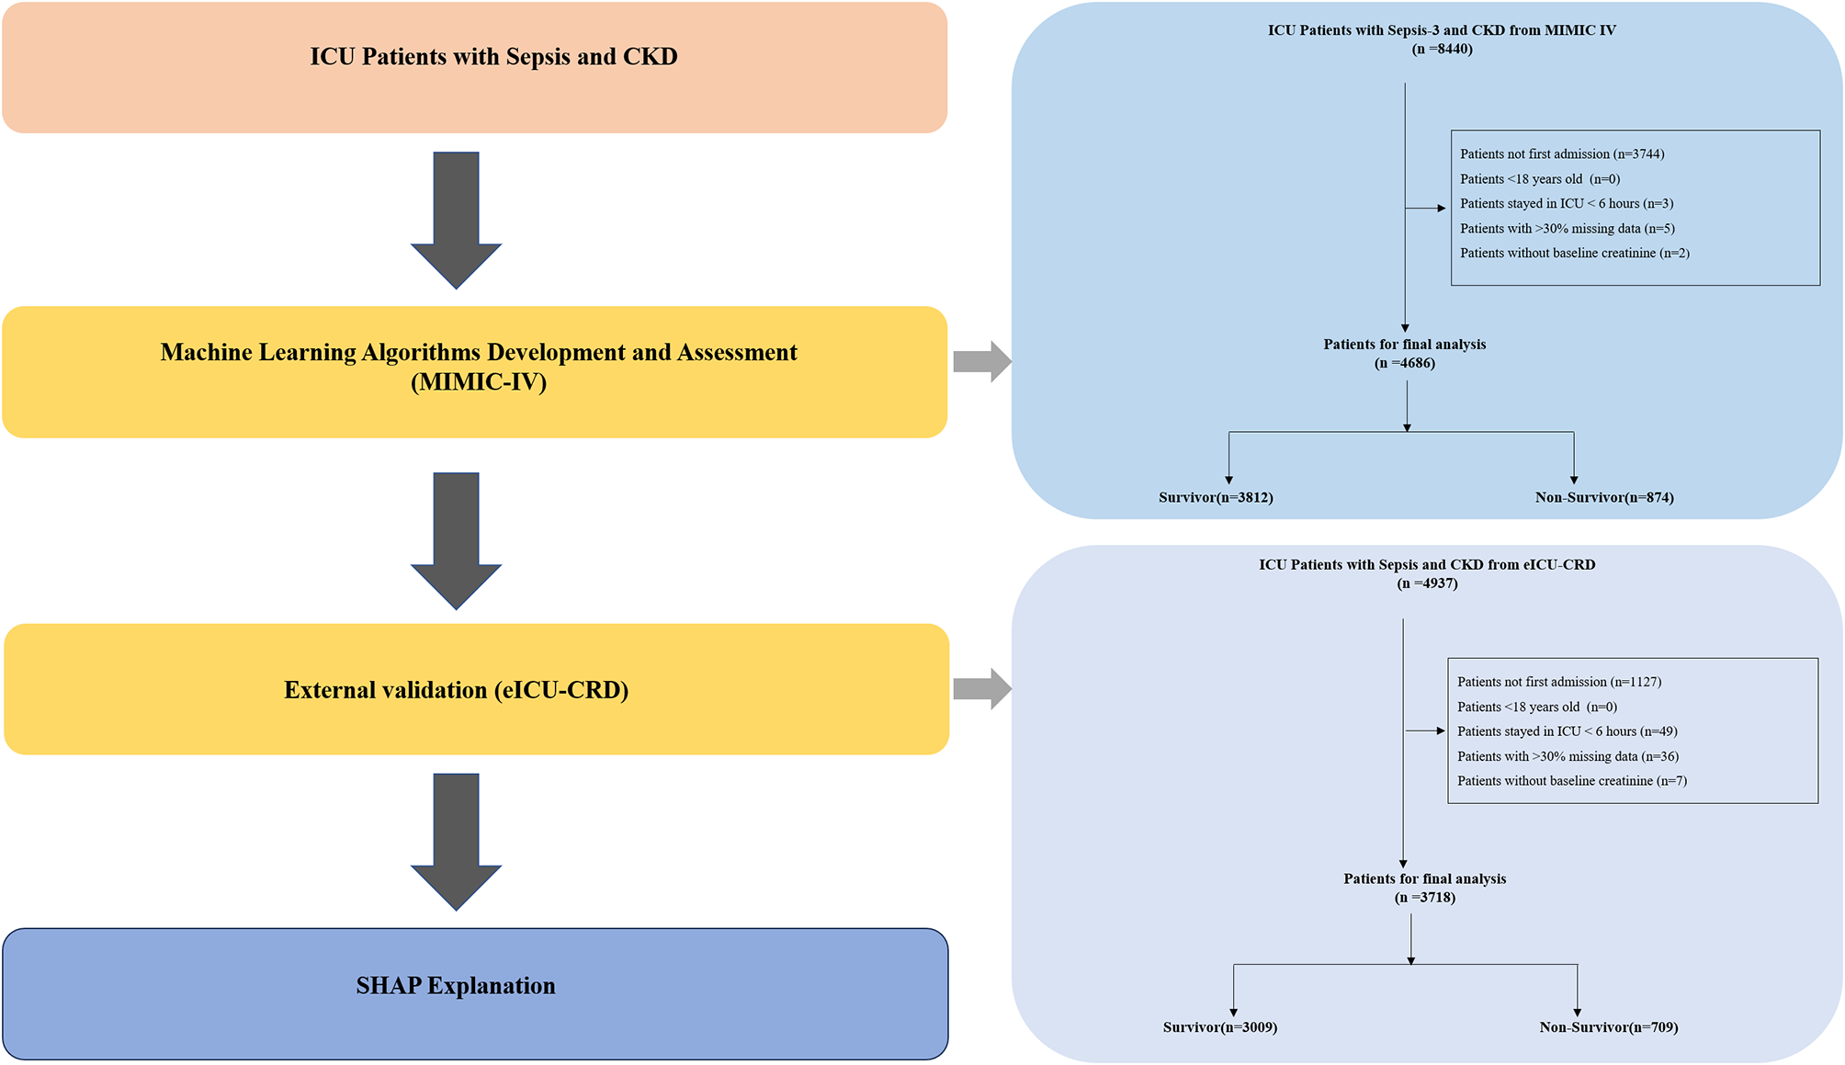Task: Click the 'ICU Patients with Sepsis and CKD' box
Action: pyautogui.click(x=474, y=67)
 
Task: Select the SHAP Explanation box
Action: pyautogui.click(x=474, y=993)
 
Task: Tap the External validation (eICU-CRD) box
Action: pyautogui.click(x=476, y=689)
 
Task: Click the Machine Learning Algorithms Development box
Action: pyautogui.click(x=474, y=371)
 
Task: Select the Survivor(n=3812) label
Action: pyautogui.click(x=1216, y=498)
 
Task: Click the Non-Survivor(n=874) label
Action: pyautogui.click(x=1604, y=498)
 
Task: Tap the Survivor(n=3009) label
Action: pyautogui.click(x=1220, y=1027)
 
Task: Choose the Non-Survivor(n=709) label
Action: pyautogui.click(x=1609, y=1027)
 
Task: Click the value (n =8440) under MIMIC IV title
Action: pyautogui.click(x=1442, y=49)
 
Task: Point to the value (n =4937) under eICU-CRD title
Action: pyautogui.click(x=1427, y=583)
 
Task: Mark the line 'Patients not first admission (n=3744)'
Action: pyautogui.click(x=1562, y=154)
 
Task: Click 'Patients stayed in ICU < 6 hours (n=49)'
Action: pyautogui.click(x=1568, y=731)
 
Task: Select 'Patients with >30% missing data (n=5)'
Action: pyautogui.click(x=1568, y=229)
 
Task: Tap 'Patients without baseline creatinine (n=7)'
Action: pyautogui.click(x=1572, y=781)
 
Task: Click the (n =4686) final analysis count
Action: pyautogui.click(x=1405, y=363)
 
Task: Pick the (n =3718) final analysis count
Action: pyautogui.click(x=1425, y=898)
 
